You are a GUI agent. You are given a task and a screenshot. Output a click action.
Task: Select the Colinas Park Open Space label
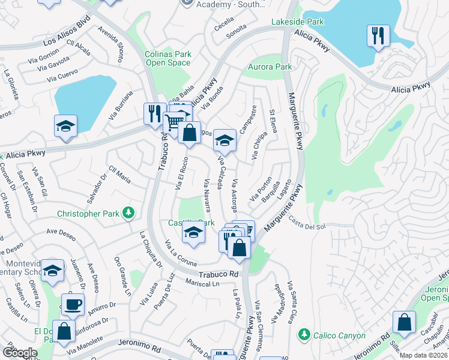(168, 58)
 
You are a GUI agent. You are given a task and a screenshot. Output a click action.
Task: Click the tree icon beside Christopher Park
(128, 213)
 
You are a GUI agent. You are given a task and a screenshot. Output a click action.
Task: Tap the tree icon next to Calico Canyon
(304, 333)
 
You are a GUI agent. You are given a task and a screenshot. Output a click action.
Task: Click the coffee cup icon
(73, 304)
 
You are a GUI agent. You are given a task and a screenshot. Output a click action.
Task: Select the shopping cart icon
(174, 122)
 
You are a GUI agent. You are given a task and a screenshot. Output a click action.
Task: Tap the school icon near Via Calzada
(224, 140)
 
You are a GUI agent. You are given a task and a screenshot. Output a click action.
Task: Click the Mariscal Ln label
(203, 283)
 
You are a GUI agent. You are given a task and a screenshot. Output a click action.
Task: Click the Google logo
(20, 352)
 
